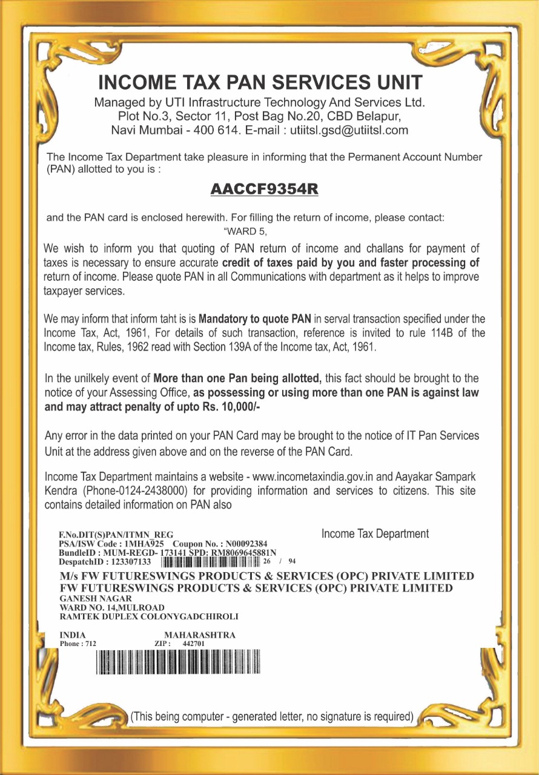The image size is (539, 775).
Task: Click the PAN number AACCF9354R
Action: click(264, 189)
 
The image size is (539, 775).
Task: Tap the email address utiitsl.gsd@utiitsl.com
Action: click(349, 130)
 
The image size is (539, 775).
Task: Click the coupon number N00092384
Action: click(252, 544)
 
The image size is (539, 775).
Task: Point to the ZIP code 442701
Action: click(194, 644)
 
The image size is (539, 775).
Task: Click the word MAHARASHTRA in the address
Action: click(196, 635)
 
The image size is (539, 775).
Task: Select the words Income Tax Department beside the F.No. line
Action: click(375, 534)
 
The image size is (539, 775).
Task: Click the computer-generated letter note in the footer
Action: click(272, 717)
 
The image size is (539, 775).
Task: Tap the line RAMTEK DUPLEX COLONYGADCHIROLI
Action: click(148, 617)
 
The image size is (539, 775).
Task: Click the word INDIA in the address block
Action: click(72, 635)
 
